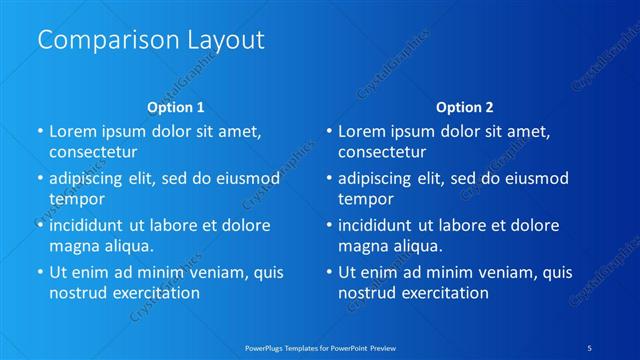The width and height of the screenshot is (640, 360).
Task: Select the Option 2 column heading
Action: coord(465,107)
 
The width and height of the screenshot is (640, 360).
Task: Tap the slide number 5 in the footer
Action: coord(590,347)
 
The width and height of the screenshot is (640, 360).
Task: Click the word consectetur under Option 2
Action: coord(383,152)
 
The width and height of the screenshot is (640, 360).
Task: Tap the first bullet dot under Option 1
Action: coord(40,131)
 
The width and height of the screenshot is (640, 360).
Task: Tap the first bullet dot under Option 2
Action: coord(329,131)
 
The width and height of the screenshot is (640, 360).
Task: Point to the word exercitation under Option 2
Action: coord(443,293)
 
